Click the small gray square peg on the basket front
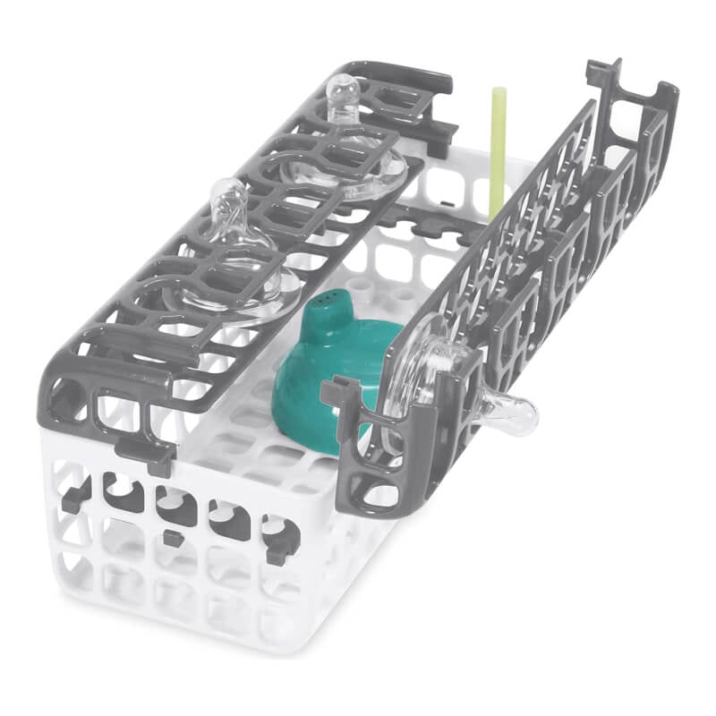[x=171, y=538]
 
